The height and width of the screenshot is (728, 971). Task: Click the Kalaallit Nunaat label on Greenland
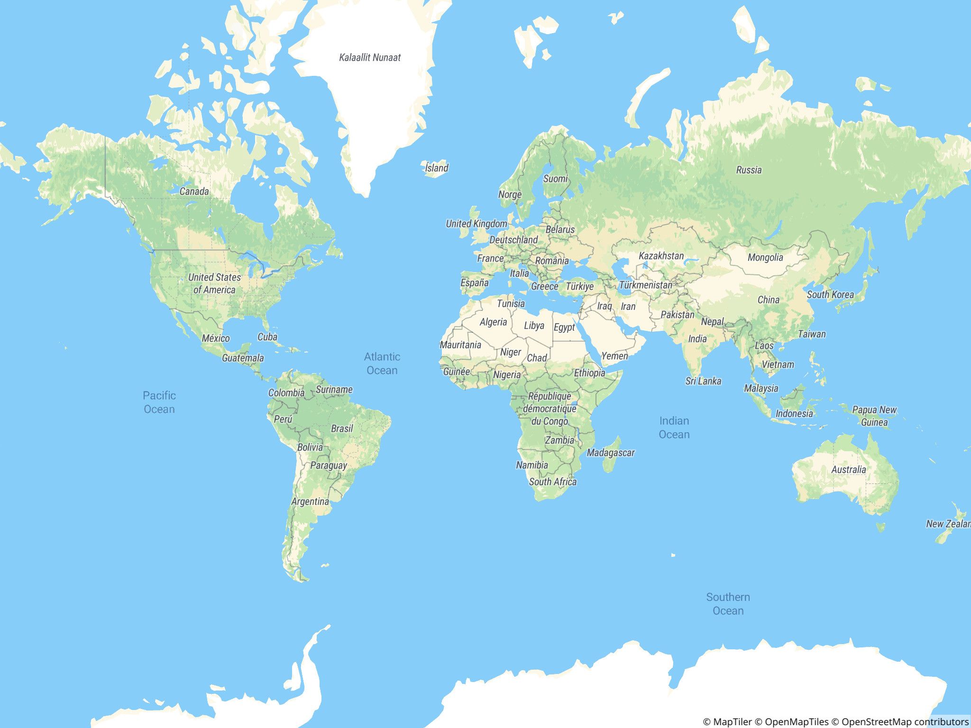tap(370, 57)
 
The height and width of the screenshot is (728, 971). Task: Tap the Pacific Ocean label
tap(159, 402)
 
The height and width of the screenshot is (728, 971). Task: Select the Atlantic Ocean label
tap(382, 364)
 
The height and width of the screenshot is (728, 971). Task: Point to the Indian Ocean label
tap(674, 428)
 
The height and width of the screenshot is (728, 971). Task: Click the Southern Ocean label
tap(728, 604)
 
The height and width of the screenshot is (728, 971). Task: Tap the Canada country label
tap(194, 191)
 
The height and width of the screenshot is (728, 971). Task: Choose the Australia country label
tap(848, 470)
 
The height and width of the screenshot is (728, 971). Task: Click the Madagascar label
tap(610, 453)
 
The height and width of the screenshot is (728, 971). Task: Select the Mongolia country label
tap(765, 257)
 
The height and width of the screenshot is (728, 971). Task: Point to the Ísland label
tap(436, 168)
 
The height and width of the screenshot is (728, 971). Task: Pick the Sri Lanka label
tap(703, 381)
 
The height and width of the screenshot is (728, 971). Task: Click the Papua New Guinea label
tap(874, 416)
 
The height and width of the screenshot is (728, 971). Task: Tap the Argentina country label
tap(310, 501)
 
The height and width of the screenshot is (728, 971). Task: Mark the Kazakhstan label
tap(661, 256)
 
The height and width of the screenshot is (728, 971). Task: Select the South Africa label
tap(553, 482)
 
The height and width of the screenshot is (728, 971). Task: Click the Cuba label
tap(267, 337)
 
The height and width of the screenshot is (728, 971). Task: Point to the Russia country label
tap(749, 170)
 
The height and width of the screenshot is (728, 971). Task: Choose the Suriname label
tap(334, 390)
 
